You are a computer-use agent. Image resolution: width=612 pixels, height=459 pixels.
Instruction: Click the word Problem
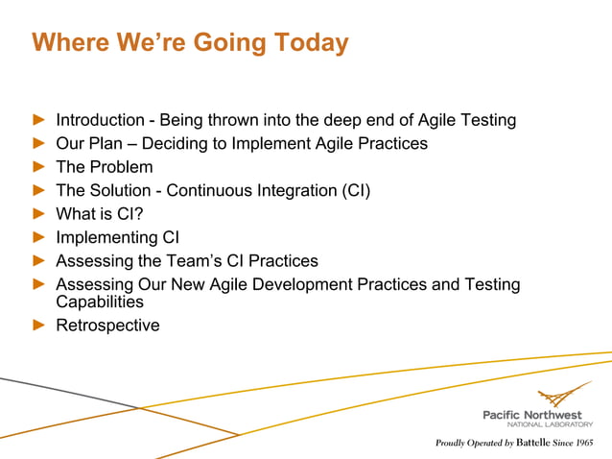pos(121,167)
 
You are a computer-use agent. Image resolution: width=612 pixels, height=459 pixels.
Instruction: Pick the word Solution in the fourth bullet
pos(121,190)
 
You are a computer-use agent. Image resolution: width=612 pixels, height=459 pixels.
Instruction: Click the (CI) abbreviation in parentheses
pos(351,190)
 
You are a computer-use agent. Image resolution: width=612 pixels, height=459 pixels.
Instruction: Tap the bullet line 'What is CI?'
pos(99,214)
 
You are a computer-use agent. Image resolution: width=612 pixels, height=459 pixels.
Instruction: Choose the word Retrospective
pos(107,326)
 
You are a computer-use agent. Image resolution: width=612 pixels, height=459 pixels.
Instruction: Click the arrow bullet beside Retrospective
pos(38,326)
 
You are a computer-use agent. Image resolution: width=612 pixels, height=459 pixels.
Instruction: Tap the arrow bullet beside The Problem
pos(38,167)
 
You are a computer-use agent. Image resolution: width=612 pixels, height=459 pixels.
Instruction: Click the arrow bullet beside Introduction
pos(38,121)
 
